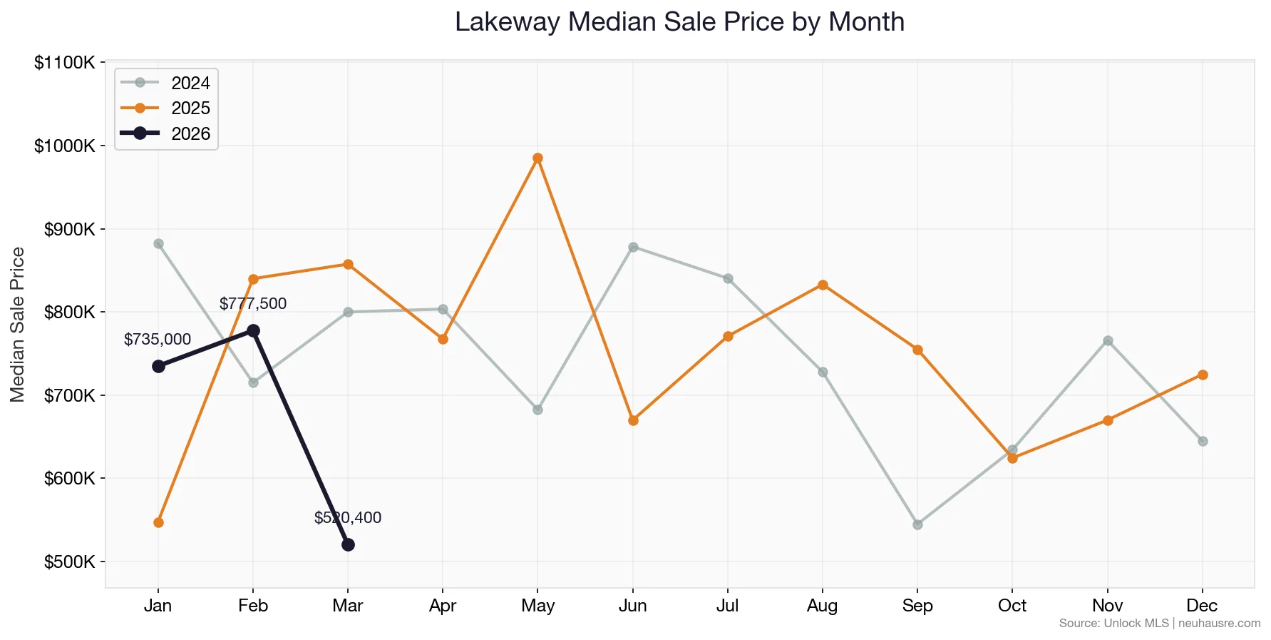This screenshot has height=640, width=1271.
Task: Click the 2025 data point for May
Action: [537, 158]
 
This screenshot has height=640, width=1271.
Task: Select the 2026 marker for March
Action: [348, 544]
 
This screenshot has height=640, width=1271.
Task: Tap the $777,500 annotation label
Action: [253, 304]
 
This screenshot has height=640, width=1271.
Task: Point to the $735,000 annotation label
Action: [158, 340]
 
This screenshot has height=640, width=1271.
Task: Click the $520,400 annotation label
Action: [348, 518]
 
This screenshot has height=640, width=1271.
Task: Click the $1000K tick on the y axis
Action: [65, 146]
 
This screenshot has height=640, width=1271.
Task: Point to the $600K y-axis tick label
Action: [69, 479]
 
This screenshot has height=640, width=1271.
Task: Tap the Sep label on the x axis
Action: [917, 606]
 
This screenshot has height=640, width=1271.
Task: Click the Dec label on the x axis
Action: [1202, 606]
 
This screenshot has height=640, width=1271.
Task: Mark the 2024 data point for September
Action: [917, 524]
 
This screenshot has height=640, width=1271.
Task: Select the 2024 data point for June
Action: [633, 247]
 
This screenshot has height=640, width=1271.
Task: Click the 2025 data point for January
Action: [158, 522]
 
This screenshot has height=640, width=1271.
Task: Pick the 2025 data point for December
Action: [1203, 375]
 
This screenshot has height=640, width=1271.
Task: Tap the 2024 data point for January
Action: [158, 243]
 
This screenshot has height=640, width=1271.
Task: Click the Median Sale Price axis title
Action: [18, 325]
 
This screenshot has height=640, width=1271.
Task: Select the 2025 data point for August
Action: [823, 285]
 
